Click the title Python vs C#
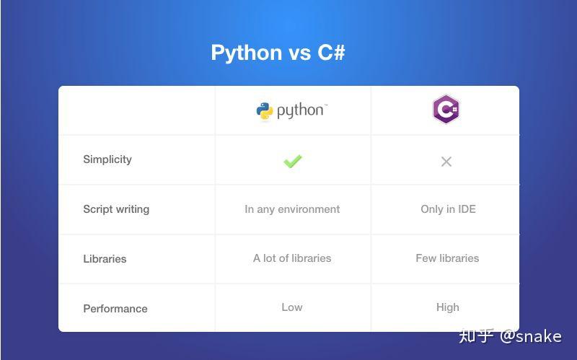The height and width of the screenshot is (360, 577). [278, 53]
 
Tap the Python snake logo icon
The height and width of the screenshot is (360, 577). [265, 111]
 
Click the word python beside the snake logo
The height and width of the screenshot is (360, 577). [300, 111]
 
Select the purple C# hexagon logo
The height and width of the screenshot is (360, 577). [446, 109]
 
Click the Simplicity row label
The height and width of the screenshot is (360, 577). [107, 159]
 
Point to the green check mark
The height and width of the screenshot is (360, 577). [293, 161]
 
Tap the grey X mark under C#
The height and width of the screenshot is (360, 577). [446, 162]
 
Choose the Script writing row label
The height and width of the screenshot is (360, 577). [116, 209]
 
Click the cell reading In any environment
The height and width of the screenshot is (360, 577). [292, 209]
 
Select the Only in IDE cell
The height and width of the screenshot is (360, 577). [448, 209]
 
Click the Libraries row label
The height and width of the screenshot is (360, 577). [105, 259]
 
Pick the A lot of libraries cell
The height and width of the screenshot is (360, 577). [292, 258]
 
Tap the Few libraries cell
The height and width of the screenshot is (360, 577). [447, 258]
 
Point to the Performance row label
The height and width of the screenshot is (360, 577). [115, 309]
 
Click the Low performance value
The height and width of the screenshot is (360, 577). [292, 307]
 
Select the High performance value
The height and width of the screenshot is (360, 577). [448, 307]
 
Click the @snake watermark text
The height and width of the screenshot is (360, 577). [531, 336]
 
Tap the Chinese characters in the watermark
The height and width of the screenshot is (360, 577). [476, 336]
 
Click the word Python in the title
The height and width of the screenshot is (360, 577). [247, 53]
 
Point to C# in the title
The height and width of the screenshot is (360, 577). [331, 52]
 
